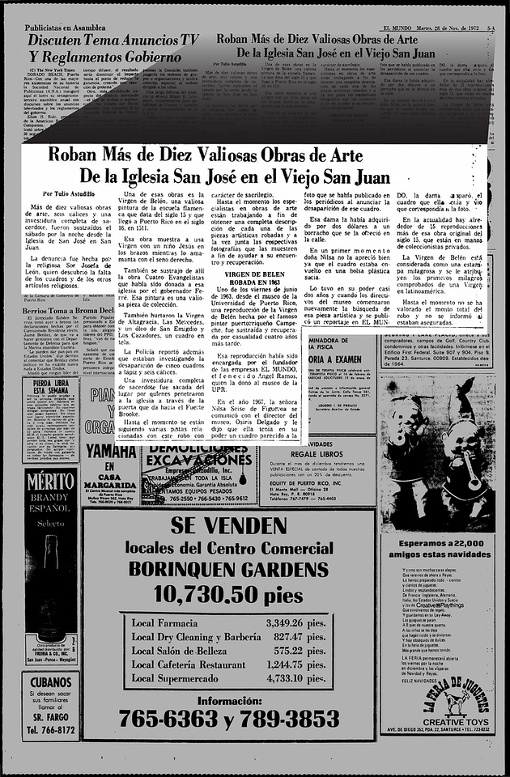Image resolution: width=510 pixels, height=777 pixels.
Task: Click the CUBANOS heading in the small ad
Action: [51, 681]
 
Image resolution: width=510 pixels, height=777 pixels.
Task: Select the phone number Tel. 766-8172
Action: [50, 730]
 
